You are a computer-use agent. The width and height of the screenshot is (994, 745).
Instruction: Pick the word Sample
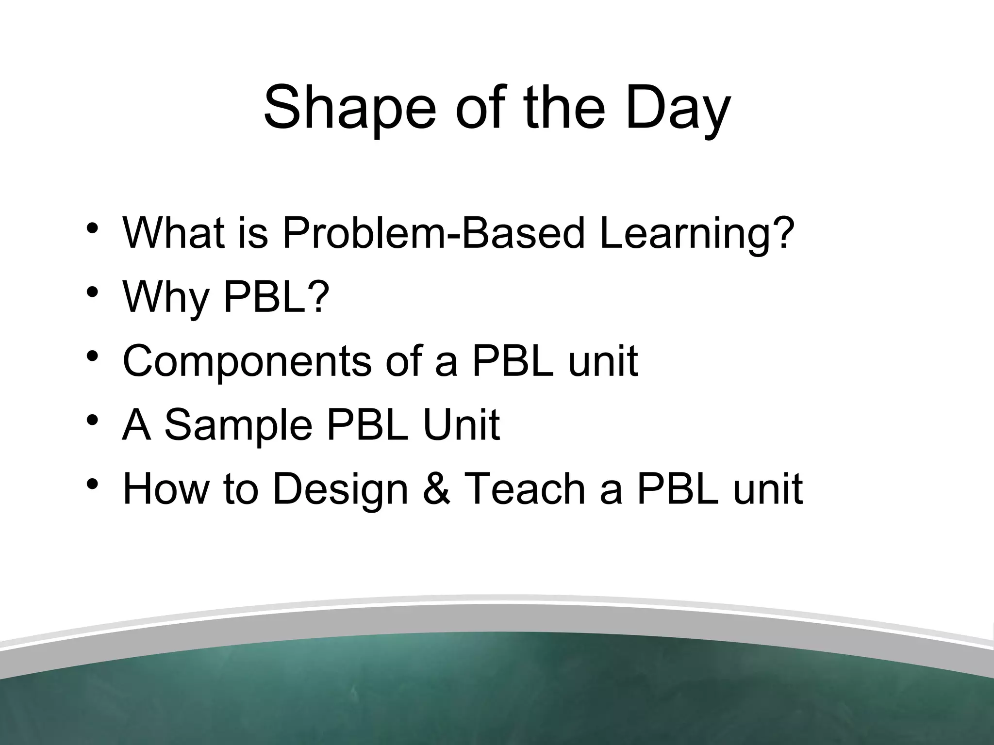pyautogui.click(x=238, y=426)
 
